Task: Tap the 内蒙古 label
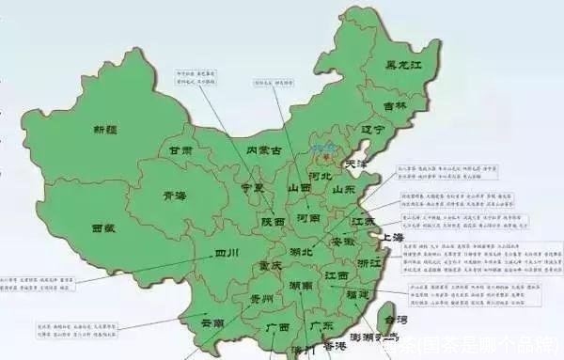[x=265, y=149]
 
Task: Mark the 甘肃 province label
[x=180, y=149]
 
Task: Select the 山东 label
[x=344, y=189]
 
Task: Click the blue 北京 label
[x=322, y=149]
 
